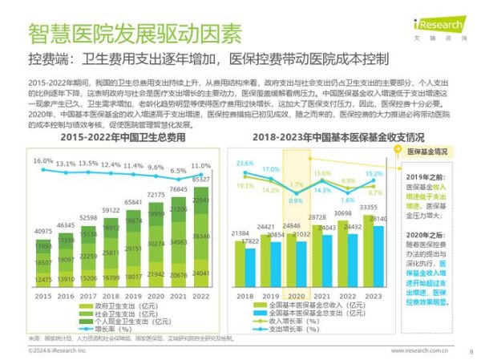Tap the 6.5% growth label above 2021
(x=179, y=171)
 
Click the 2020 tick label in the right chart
(x=293, y=297)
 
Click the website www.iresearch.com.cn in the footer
(x=419, y=350)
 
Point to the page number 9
(x=471, y=350)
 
